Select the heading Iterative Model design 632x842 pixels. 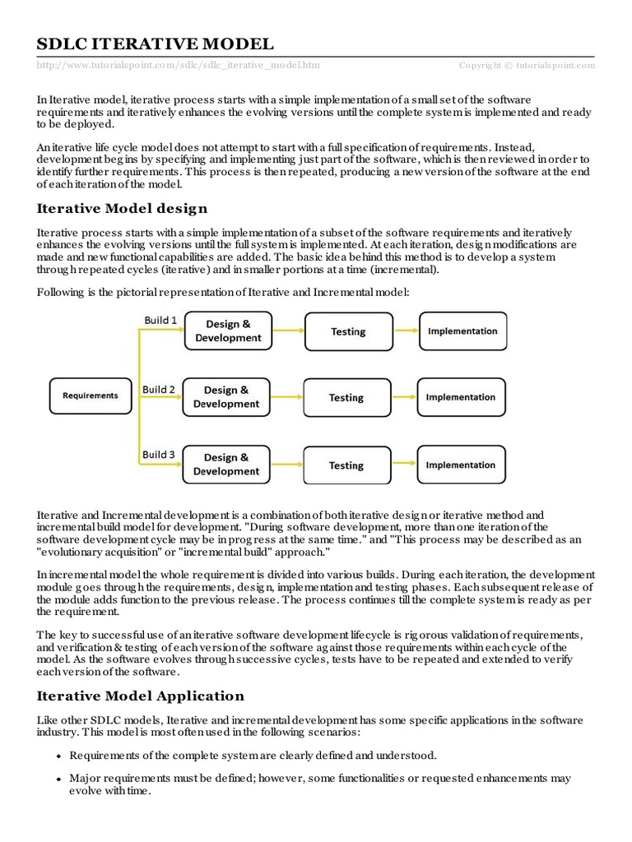point(122,208)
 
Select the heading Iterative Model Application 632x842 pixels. point(140,696)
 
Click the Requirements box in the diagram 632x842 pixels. point(91,396)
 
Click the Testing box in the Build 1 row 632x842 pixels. point(348,331)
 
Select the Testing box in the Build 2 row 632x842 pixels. point(346,397)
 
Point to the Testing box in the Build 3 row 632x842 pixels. point(346,465)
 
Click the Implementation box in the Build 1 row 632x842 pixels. point(462,331)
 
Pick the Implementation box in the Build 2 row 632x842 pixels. point(460,397)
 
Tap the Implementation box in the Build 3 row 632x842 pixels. point(460,465)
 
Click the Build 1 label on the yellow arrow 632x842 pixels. point(160,320)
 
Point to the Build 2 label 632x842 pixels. point(158,389)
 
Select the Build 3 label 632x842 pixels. point(158,454)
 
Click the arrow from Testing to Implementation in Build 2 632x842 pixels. point(402,397)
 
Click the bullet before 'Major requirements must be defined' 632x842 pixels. point(58,778)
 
